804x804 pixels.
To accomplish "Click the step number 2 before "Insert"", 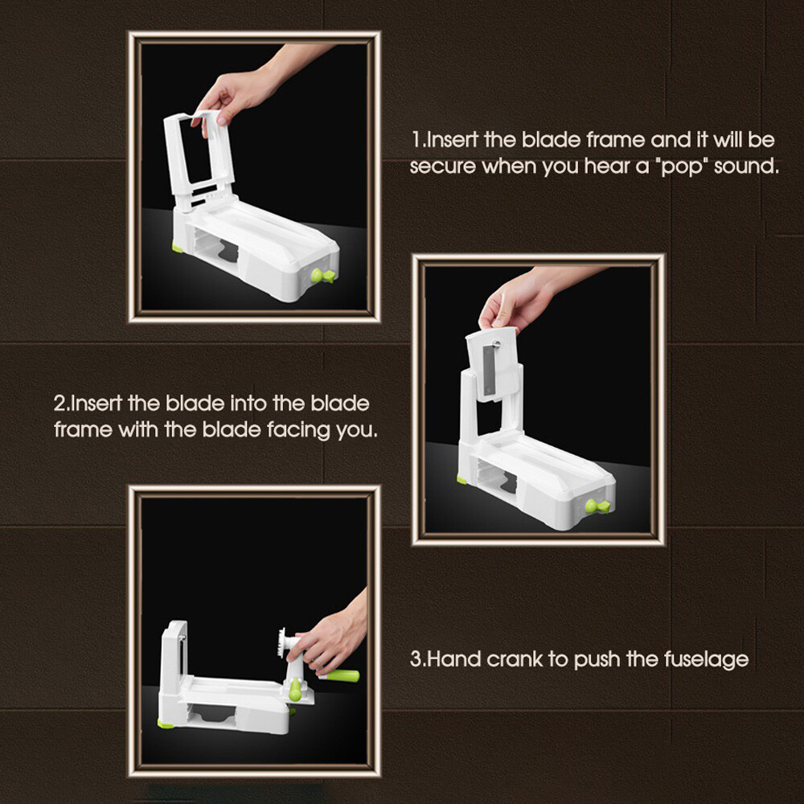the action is coord(59,404).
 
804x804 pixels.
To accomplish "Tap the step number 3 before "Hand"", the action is coord(416,659).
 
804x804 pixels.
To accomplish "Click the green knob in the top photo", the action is coord(323,276).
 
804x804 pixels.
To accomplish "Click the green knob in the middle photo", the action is coord(598,506).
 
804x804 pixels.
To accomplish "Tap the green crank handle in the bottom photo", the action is coord(340,675).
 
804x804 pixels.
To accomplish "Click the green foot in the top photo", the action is coord(178,248).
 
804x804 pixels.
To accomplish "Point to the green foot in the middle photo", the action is coord(461,479).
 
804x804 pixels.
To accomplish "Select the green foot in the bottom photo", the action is coord(165,724).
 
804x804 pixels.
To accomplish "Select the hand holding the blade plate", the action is coord(528,297).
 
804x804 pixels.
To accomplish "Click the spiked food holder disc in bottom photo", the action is coord(281,642).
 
